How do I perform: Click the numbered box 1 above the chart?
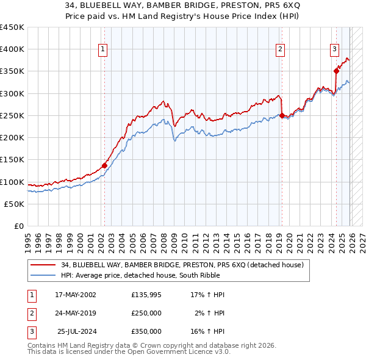pos(102,50)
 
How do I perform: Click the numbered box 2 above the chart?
pos(280,50)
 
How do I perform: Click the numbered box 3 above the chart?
pos(335,50)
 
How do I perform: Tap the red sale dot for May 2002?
pos(104,165)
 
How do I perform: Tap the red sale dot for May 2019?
pos(281,115)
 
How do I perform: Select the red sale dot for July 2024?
pos(336,71)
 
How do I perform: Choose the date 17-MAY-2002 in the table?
pos(76,295)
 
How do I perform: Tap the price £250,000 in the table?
pos(146,313)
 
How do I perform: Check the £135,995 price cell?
pos(146,295)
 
